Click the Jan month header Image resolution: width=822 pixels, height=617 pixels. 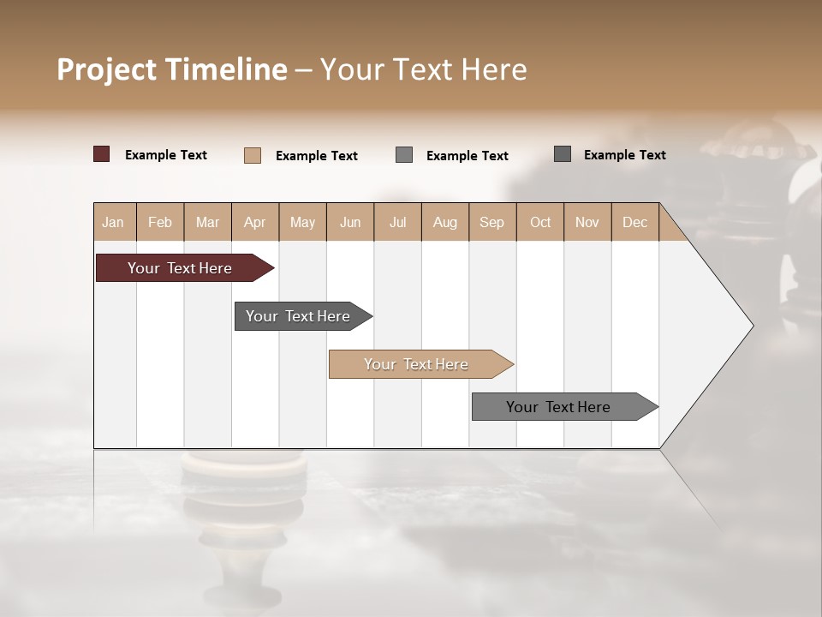(113, 222)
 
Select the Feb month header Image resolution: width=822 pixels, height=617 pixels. (160, 222)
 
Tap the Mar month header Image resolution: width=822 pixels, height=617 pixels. (207, 222)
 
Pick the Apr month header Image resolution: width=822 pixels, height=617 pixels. (254, 222)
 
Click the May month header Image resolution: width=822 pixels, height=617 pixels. (302, 222)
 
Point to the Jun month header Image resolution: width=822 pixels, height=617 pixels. (350, 222)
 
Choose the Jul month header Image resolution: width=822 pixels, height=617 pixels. (397, 222)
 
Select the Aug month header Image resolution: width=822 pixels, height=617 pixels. (444, 222)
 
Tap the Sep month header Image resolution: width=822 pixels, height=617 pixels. (491, 222)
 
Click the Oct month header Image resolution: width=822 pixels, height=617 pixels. (540, 222)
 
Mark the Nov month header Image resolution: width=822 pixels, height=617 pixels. (587, 222)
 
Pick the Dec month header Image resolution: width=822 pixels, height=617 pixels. (634, 222)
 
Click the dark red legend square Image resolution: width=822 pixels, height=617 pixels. (102, 154)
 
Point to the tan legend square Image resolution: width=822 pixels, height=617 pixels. (253, 155)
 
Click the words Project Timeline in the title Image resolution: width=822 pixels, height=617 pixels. (172, 69)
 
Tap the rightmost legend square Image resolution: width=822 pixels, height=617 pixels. (563, 154)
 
